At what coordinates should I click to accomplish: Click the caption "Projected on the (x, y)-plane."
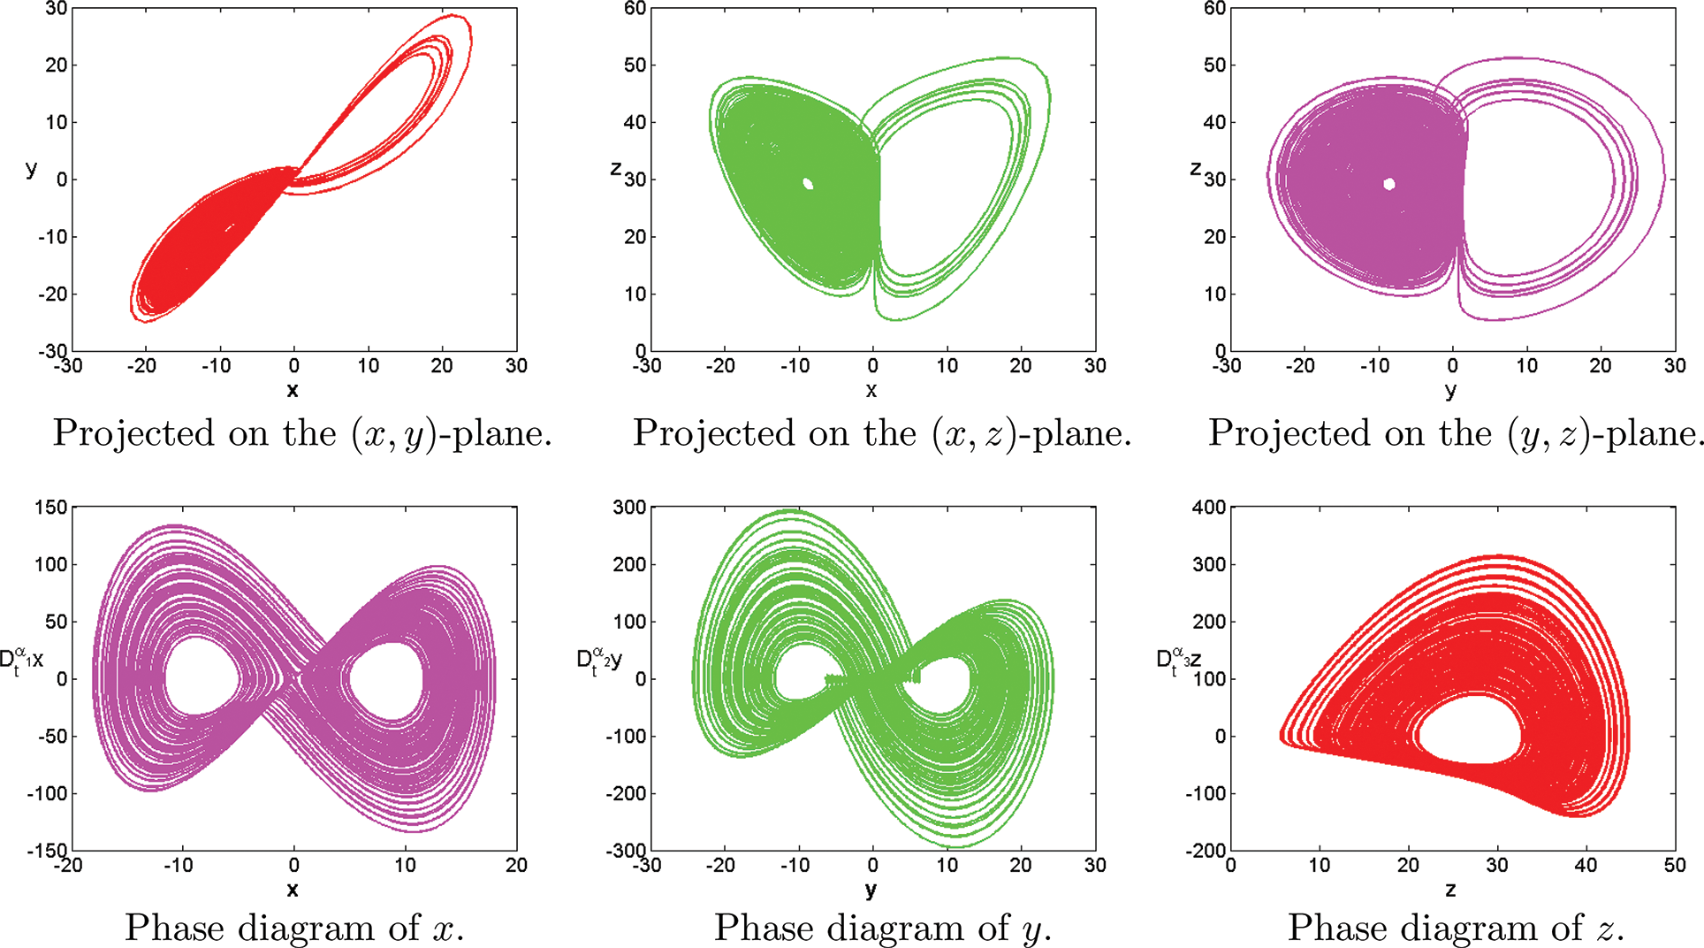coord(302,434)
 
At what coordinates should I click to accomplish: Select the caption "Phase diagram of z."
coord(1456,929)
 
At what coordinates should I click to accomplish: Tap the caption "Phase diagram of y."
coord(882,929)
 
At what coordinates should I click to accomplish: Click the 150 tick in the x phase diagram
coord(50,508)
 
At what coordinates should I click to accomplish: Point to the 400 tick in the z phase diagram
coord(1208,508)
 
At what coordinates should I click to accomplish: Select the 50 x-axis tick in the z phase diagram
coord(1675,866)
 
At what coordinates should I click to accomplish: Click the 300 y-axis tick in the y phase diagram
coord(629,508)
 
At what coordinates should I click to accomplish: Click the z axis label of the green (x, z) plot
coord(616,169)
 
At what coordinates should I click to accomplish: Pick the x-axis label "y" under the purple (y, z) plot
coord(1450,390)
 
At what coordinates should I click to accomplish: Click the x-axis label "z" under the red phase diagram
coord(1450,890)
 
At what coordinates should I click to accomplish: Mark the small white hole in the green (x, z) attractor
coord(808,184)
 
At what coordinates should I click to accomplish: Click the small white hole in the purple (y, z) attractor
coord(1389,184)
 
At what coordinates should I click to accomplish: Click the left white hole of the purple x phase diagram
coord(202,678)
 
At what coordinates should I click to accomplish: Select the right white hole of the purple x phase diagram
coord(385,678)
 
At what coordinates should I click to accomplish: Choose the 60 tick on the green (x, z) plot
coord(635,9)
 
